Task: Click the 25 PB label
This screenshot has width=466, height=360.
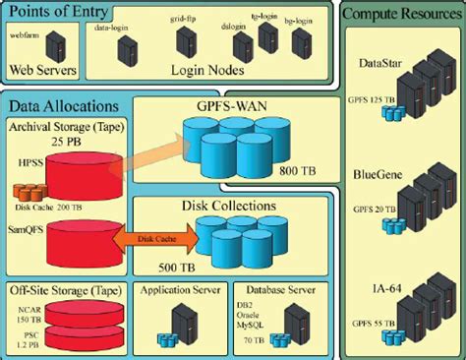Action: click(x=65, y=139)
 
